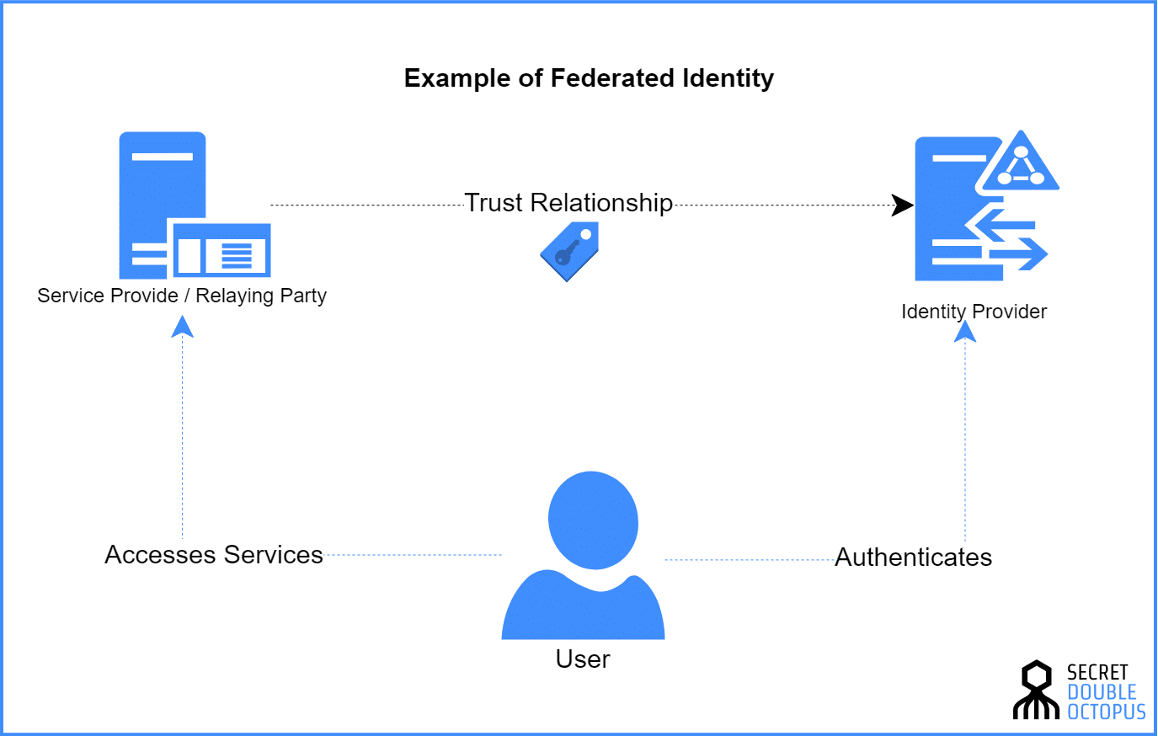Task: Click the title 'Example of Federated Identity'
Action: click(589, 78)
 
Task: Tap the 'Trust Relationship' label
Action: click(568, 203)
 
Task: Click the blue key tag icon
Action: click(569, 251)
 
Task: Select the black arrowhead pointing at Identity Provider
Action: click(902, 205)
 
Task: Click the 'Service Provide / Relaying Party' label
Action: click(182, 296)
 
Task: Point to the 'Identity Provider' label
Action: click(974, 312)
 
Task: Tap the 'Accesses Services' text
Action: click(214, 555)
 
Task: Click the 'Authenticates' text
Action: click(914, 557)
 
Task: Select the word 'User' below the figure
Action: click(583, 659)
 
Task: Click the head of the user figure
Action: click(593, 520)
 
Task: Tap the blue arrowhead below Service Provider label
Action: click(182, 327)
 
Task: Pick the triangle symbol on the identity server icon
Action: click(1020, 163)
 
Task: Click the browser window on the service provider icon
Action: click(221, 251)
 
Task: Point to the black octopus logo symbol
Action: click(1036, 691)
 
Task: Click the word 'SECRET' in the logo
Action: click(1097, 672)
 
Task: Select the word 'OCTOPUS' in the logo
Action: click(1107, 712)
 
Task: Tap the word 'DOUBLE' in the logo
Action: click(1102, 692)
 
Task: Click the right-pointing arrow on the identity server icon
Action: click(1021, 253)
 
